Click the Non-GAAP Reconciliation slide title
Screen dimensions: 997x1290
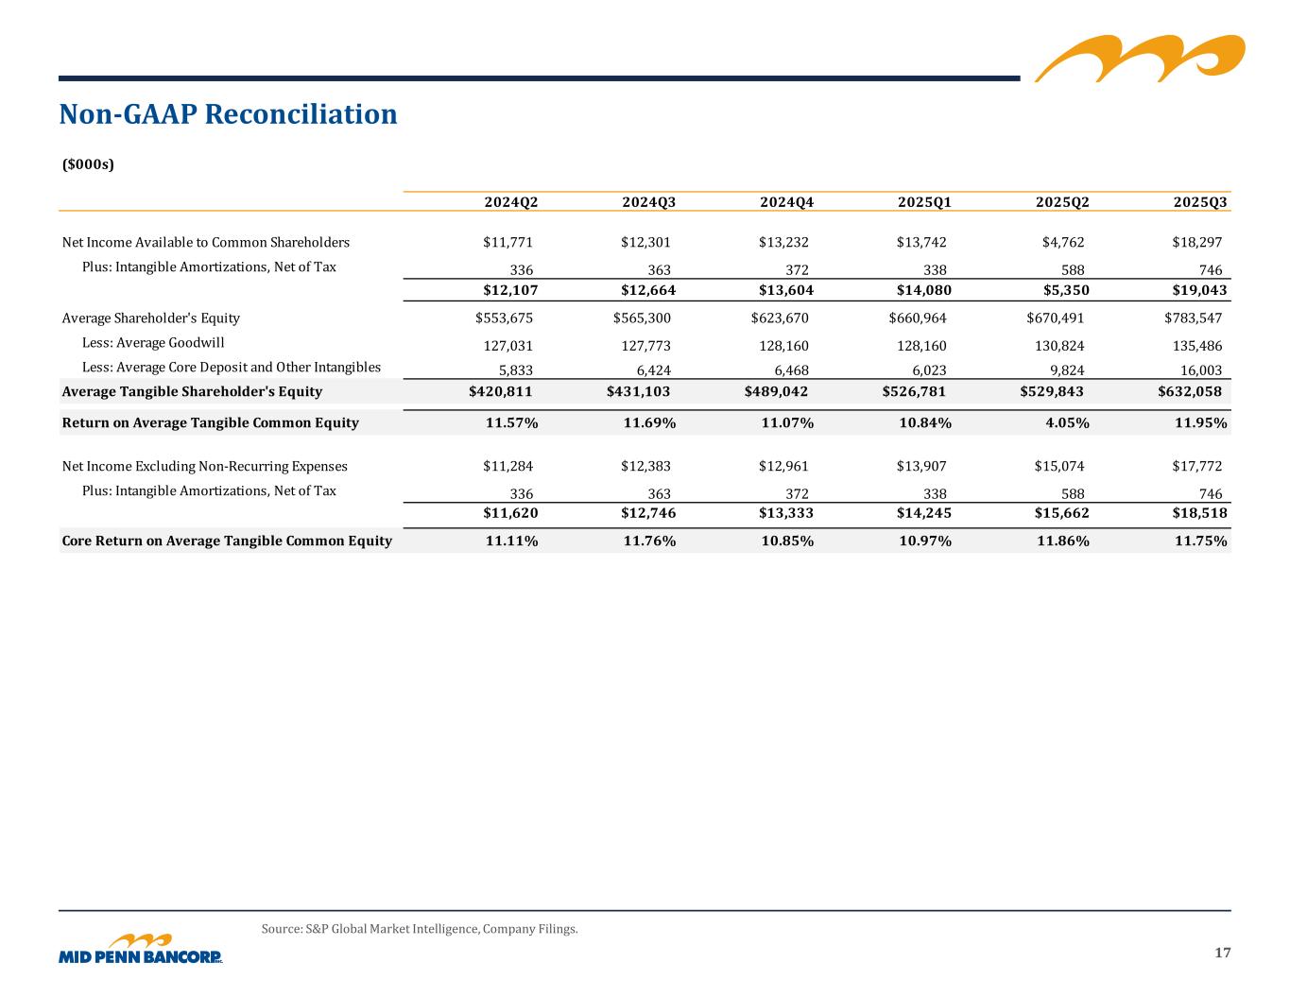click(x=228, y=114)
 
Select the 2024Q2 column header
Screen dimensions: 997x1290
click(x=510, y=202)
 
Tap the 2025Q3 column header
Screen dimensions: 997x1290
click(x=1199, y=202)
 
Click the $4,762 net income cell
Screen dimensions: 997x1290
click(x=1058, y=242)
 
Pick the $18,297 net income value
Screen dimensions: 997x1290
click(x=1195, y=242)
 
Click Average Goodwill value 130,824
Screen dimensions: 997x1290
click(x=1058, y=346)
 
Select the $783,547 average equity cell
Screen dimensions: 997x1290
click(x=1193, y=318)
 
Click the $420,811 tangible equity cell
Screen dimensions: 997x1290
click(x=501, y=391)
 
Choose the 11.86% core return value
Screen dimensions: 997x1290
click(x=1061, y=541)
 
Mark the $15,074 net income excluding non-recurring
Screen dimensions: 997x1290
click(x=1058, y=466)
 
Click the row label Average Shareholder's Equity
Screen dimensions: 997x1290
click(x=150, y=318)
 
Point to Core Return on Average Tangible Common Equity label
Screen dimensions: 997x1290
click(x=226, y=541)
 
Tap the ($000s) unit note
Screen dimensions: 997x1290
click(x=88, y=164)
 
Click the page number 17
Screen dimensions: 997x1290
click(x=1222, y=952)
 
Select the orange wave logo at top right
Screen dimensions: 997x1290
click(x=1139, y=58)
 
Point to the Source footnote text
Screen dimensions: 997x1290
click(x=419, y=929)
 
